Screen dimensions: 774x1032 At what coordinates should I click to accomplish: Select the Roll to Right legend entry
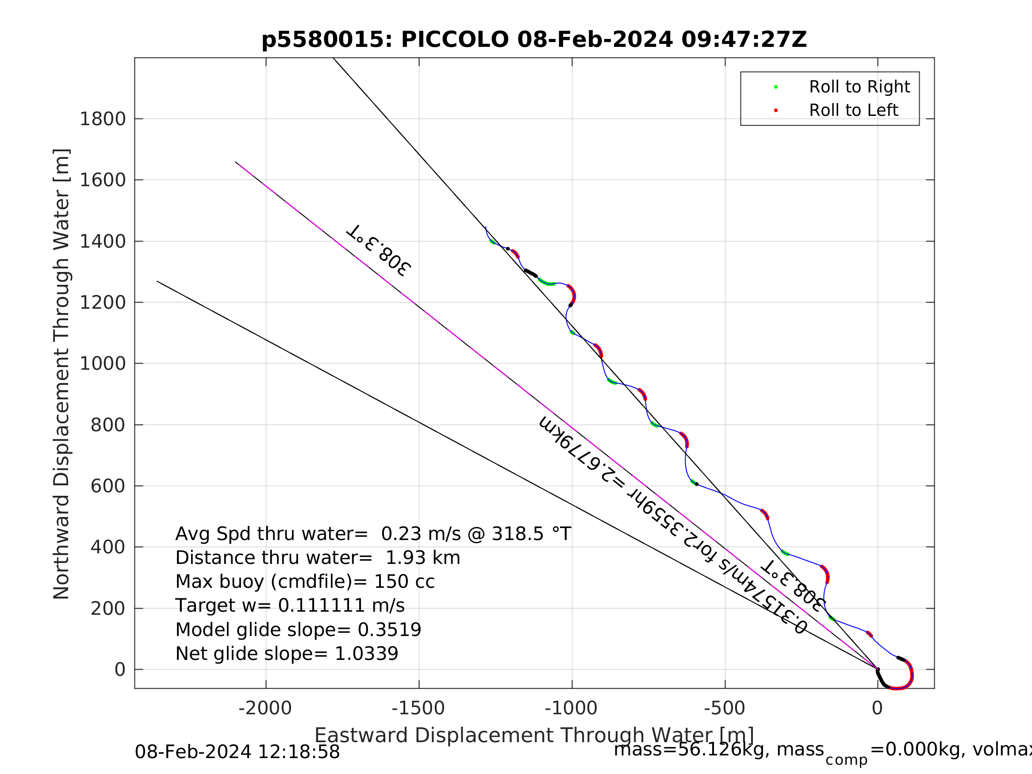click(x=859, y=87)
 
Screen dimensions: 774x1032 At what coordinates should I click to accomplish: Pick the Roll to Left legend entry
click(x=853, y=111)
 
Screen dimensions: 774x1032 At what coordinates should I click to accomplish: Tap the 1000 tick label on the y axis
click(x=103, y=364)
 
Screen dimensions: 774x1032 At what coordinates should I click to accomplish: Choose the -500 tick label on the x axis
click(x=724, y=709)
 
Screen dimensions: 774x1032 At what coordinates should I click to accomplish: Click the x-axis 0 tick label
click(x=877, y=709)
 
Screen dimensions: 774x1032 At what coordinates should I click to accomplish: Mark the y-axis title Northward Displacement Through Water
click(x=61, y=374)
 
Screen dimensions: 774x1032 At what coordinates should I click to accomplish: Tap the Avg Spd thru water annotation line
click(x=373, y=534)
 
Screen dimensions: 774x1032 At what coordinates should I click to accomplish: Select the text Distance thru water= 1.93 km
click(x=318, y=558)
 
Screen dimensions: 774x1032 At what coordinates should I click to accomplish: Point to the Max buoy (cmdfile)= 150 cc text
click(x=305, y=582)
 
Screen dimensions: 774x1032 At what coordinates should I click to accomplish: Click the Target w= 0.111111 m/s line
click(x=290, y=605)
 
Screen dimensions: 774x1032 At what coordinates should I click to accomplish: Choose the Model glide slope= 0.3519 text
click(x=298, y=630)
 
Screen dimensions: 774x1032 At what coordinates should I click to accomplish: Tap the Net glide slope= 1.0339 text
click(x=287, y=654)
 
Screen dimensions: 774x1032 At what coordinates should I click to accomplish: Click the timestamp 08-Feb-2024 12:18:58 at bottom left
click(x=237, y=752)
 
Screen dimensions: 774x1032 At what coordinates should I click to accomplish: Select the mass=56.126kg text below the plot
click(x=718, y=750)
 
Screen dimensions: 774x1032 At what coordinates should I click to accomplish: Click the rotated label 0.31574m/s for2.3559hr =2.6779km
click(x=672, y=525)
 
